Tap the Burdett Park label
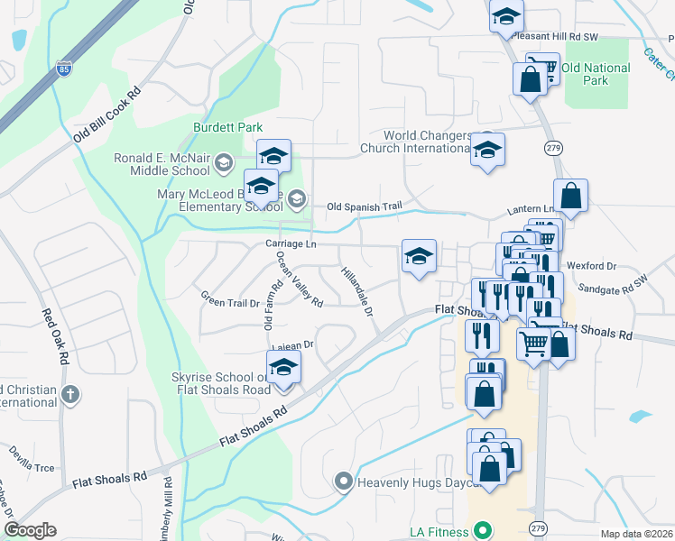point(227,127)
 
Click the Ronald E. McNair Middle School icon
point(224,162)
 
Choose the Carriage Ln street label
point(291,244)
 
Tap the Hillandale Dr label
point(357,291)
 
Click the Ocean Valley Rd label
point(300,280)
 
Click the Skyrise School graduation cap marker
point(283,368)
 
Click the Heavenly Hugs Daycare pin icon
point(343,481)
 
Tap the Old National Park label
point(596,74)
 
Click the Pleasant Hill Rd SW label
point(554,37)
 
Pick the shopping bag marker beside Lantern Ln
point(570,196)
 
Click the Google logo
point(31,530)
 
